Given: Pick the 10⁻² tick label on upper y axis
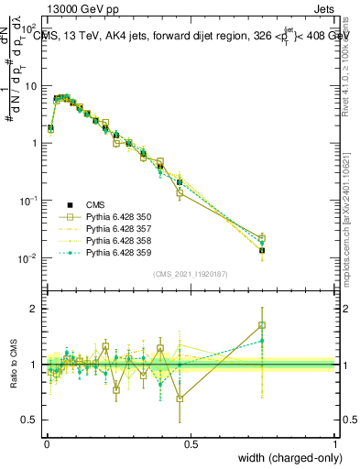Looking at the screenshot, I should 29,258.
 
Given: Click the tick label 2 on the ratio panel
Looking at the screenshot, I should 35,309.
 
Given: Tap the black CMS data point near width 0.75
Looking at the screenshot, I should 262,250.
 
